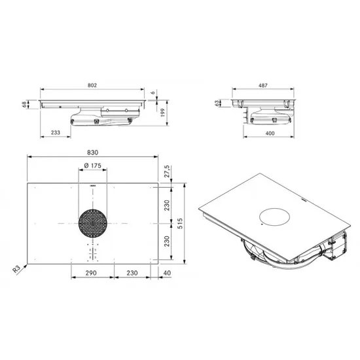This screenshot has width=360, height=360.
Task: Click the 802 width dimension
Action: (x=92, y=85)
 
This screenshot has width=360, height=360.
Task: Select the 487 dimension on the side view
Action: (x=263, y=85)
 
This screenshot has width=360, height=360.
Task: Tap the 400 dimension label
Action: (x=270, y=133)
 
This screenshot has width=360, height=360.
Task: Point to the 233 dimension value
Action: (x=56, y=132)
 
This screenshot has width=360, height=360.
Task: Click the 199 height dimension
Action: (x=163, y=113)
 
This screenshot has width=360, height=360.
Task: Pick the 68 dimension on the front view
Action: (x=24, y=105)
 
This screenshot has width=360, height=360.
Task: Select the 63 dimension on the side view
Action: (x=217, y=103)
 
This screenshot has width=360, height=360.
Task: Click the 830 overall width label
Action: (x=92, y=153)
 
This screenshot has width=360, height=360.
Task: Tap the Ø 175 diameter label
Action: (x=92, y=166)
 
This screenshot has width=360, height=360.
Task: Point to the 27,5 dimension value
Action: (x=167, y=171)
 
